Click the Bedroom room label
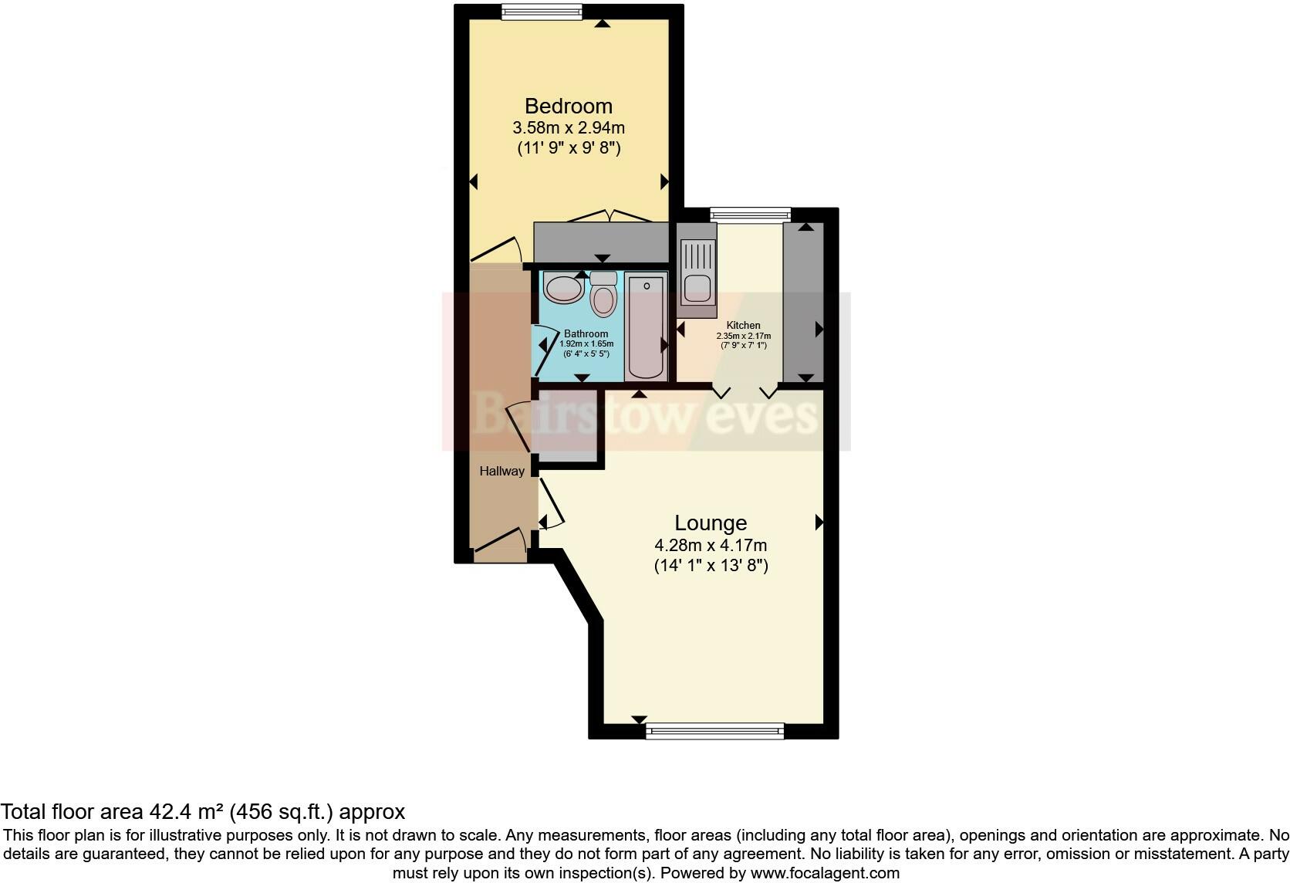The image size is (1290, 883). tap(568, 106)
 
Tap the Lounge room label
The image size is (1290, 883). tap(711, 523)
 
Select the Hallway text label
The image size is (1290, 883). tap(501, 471)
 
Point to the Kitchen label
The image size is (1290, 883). tap(743, 325)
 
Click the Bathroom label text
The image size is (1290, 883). tap(586, 333)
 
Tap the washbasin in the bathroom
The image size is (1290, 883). tap(563, 289)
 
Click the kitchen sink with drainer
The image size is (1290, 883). tap(697, 271)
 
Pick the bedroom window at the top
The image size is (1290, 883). tap(541, 12)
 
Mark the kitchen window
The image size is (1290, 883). tap(750, 214)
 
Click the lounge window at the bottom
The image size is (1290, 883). tap(714, 730)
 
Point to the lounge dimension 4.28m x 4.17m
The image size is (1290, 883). tap(711, 545)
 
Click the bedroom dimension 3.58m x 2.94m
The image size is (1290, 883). tap(568, 127)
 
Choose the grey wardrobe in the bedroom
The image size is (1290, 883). tap(601, 242)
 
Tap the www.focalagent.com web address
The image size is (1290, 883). tap(825, 873)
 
